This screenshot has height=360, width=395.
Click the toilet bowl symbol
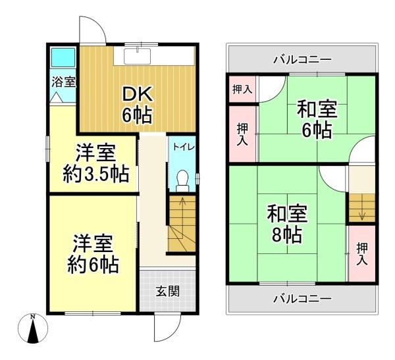[182, 180]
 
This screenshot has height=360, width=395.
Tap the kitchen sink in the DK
[138, 56]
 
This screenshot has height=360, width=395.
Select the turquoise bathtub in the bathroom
[63, 58]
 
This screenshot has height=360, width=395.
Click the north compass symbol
[33, 328]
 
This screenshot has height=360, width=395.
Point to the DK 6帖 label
[137, 105]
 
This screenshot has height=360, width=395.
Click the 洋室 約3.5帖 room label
[95, 163]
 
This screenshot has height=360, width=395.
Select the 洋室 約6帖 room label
[93, 254]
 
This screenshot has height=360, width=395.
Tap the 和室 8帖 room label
[287, 224]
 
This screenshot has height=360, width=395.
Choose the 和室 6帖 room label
[317, 118]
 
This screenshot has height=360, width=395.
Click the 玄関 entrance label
[167, 292]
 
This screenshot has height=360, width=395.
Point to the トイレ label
[184, 147]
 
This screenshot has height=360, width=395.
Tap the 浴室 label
[63, 82]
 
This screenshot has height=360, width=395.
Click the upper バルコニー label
[302, 60]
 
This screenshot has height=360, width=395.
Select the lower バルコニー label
[302, 299]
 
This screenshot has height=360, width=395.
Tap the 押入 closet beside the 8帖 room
[362, 253]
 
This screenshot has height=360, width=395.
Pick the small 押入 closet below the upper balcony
[242, 89]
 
